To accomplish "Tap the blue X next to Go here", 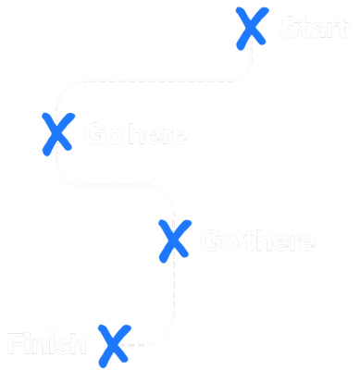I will pos(56,133).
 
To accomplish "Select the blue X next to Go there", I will pos(173,240).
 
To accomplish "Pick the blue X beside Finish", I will pos(113,344).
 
